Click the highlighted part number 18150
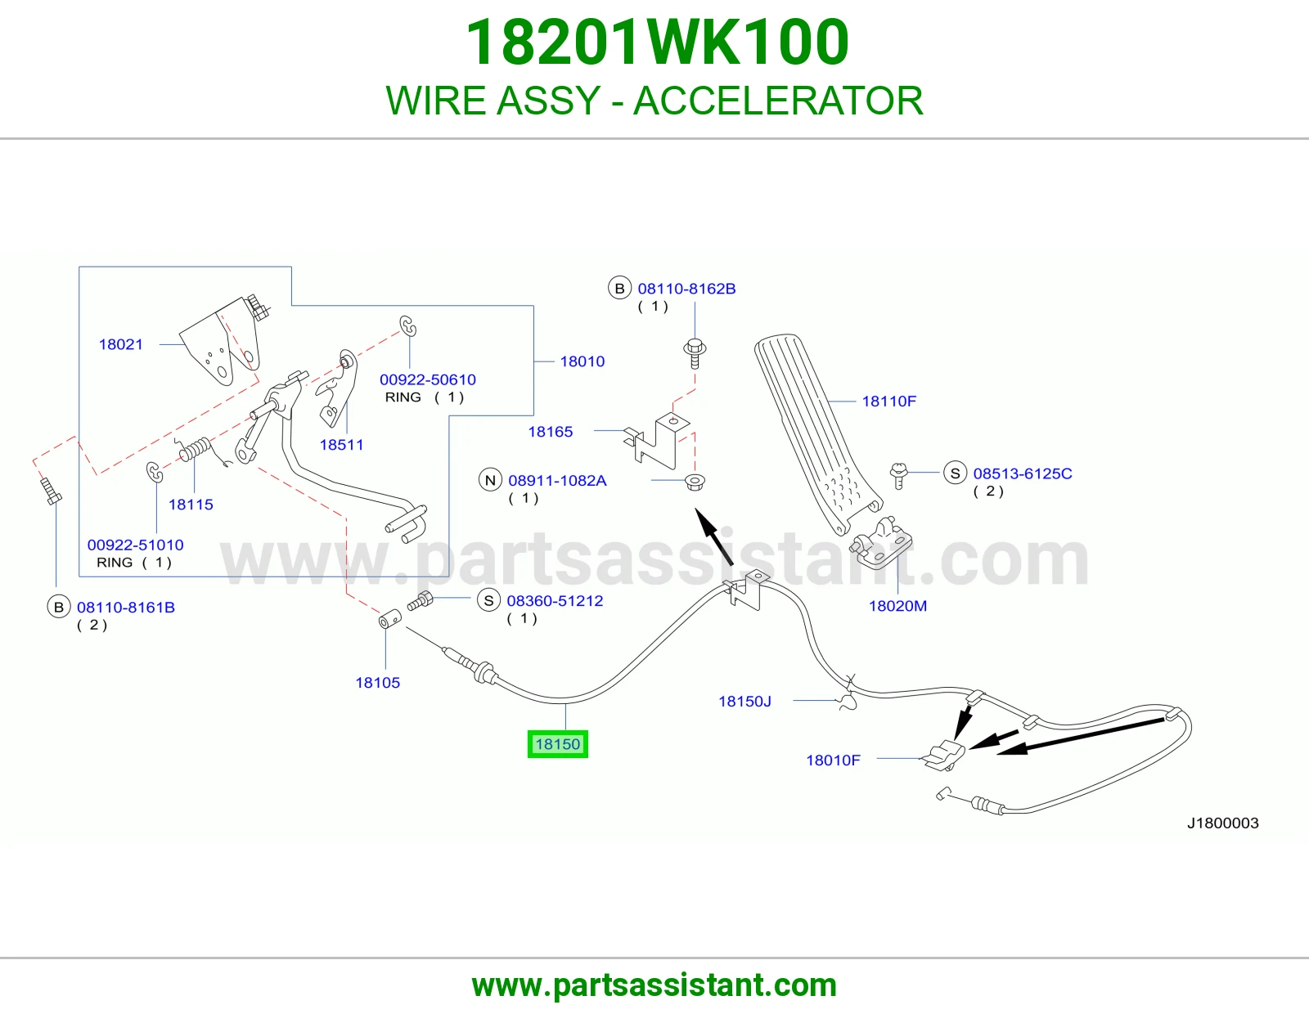(x=557, y=743)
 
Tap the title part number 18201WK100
(x=657, y=43)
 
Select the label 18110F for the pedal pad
(x=888, y=401)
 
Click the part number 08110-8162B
(x=686, y=289)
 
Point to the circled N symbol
(x=490, y=480)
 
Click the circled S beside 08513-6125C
(x=955, y=473)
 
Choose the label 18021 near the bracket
(x=120, y=344)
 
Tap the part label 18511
(x=341, y=445)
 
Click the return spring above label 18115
(x=194, y=449)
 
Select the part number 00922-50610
(x=428, y=379)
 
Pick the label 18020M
(x=897, y=606)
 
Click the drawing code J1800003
(x=1222, y=823)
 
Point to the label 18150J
(x=744, y=701)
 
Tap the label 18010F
(x=833, y=760)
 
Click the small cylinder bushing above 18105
(x=389, y=618)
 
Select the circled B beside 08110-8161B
(x=59, y=607)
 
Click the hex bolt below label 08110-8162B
(x=695, y=352)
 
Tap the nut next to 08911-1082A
(x=695, y=482)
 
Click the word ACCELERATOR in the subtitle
(x=778, y=101)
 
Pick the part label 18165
(x=550, y=432)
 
